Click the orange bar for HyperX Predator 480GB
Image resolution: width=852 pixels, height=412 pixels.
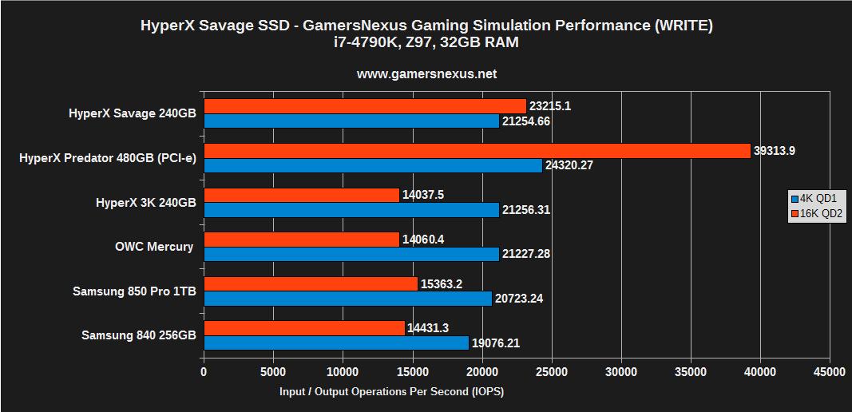click(x=477, y=151)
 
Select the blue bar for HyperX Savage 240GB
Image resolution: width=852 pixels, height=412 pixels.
click(x=351, y=121)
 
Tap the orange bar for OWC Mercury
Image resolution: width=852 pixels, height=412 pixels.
click(x=301, y=240)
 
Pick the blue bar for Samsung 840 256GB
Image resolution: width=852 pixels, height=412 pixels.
click(x=336, y=343)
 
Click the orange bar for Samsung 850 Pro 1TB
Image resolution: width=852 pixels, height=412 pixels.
click(x=311, y=284)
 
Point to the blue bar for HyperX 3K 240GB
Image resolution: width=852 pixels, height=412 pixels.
click(x=351, y=210)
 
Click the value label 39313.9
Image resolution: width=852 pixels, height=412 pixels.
click(x=779, y=151)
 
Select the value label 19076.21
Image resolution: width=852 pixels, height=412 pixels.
click(x=501, y=343)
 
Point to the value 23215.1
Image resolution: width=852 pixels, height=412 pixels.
click(x=555, y=106)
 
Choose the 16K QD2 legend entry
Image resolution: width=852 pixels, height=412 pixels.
click(x=816, y=213)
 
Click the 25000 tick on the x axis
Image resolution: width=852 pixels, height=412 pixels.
click(x=552, y=371)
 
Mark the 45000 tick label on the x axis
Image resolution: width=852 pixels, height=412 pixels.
click(x=829, y=371)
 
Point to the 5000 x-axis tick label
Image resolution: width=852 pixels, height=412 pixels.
click(x=273, y=371)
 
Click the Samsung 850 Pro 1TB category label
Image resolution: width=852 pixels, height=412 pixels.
click(x=134, y=291)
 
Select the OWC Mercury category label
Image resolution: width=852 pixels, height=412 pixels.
click(x=154, y=247)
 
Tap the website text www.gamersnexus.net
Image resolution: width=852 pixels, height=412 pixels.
click(x=426, y=73)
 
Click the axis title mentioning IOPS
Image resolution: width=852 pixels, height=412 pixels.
click(x=391, y=392)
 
